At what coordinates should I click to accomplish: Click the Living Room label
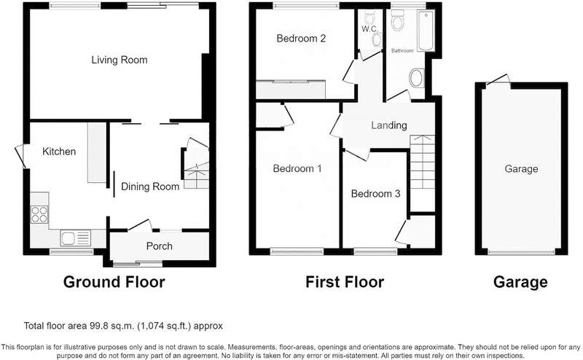pos(120,60)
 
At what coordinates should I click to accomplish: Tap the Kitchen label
pos(59,152)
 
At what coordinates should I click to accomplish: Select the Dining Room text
pos(150,187)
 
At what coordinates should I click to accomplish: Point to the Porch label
pos(159,246)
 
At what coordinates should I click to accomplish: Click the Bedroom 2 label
pos(301,39)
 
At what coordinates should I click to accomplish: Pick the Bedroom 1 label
pos(297,168)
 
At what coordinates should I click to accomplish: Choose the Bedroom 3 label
pos(375,193)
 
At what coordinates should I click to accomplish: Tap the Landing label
pos(389,125)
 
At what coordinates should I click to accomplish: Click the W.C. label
pos(369,29)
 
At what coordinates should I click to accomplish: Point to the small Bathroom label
pos(402,50)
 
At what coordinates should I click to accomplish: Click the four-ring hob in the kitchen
pos(39,214)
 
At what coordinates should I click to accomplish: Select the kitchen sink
pos(75,238)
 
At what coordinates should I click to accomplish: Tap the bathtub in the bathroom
pos(426,31)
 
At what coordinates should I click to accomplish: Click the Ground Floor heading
pos(114,282)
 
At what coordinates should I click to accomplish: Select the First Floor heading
pos(345,282)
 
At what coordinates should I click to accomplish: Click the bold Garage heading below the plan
pos(520,282)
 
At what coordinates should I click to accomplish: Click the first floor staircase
pos(423,173)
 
